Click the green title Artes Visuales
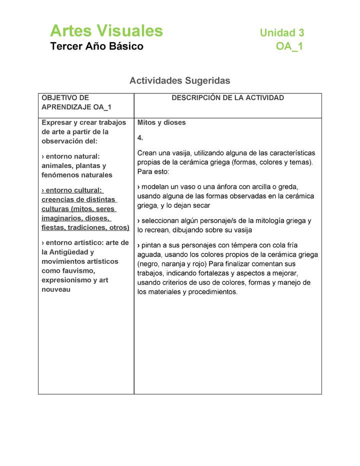point(106,31)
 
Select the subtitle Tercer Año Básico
point(96,46)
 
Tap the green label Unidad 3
point(281,33)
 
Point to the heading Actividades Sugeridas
point(179,80)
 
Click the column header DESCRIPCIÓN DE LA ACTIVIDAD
point(227,98)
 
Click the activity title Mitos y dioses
point(161,122)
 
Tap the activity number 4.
point(140,137)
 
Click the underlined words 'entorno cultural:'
point(72,190)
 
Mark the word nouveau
point(55,289)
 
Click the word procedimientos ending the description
point(211,292)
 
